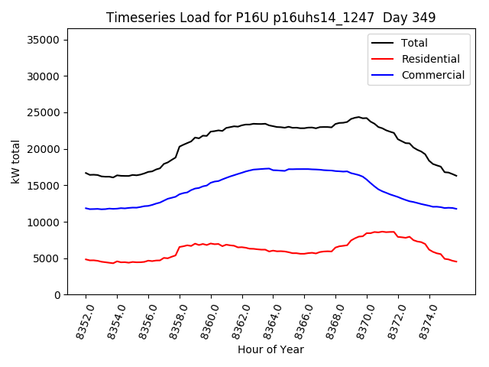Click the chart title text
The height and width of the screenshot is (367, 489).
point(270,18)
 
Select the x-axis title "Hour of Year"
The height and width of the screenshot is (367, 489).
point(270,349)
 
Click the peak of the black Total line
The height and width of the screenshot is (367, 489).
point(358,117)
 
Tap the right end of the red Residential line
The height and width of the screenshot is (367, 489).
point(456,262)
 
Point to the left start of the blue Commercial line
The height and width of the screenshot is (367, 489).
point(86,208)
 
